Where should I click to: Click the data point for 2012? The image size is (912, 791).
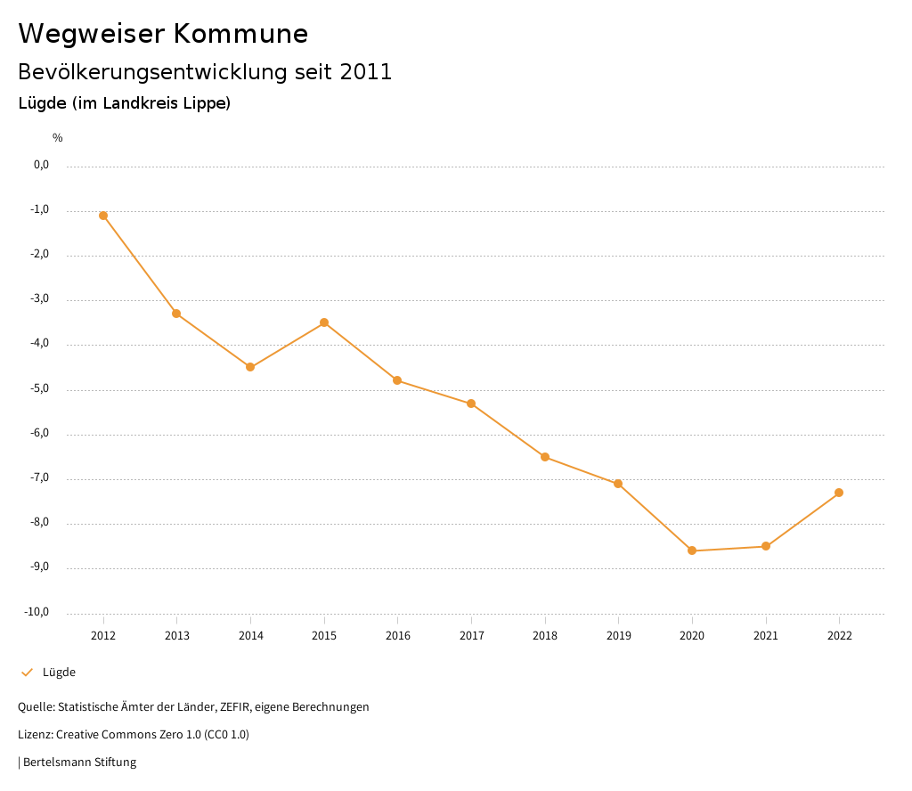[x=103, y=216]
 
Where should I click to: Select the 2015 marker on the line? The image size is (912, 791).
[x=324, y=322]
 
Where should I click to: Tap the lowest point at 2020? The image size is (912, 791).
[x=692, y=550]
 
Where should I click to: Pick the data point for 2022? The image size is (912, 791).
[x=839, y=493]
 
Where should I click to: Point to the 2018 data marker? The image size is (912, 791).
[x=545, y=457]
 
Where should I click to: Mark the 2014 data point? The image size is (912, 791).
[x=250, y=367]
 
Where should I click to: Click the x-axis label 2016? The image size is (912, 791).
[x=397, y=636]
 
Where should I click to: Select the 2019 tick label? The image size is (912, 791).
[x=618, y=636]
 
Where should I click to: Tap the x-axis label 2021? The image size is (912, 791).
[x=765, y=636]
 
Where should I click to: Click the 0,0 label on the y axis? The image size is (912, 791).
[x=41, y=165]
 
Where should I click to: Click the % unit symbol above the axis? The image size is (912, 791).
[x=58, y=138]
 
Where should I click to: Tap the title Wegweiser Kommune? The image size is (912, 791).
[x=163, y=34]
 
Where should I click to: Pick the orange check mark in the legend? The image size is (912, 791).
[x=27, y=673]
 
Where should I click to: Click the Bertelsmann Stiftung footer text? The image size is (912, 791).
[x=79, y=762]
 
